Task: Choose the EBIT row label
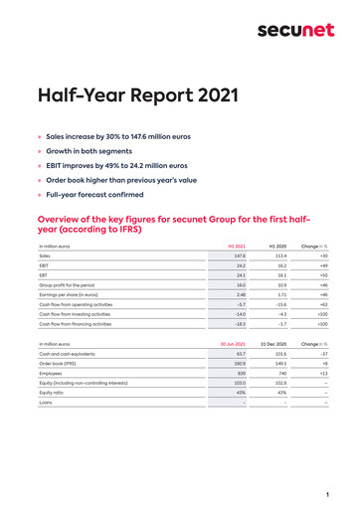(44, 266)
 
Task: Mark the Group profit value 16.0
(240, 285)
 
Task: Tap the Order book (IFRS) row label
(61, 363)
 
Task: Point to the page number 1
(326, 494)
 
